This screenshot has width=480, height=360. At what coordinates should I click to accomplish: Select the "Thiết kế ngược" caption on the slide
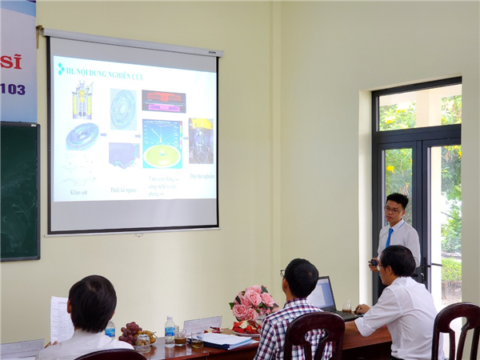click(122, 190)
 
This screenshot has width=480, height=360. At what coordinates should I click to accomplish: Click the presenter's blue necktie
click(390, 238)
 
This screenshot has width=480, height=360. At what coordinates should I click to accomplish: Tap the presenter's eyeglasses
click(393, 210)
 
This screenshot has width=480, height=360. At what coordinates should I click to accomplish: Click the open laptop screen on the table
click(322, 294)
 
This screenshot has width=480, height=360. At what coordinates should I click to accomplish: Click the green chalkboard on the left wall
click(18, 191)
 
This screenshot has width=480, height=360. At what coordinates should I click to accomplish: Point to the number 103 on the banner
click(12, 89)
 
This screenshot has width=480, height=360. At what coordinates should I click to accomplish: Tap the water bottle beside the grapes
click(170, 330)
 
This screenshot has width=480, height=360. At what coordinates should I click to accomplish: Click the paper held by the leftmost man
click(61, 318)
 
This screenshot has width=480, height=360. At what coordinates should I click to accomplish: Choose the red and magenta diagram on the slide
click(163, 101)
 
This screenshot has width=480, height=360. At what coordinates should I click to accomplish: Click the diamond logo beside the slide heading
click(61, 70)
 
